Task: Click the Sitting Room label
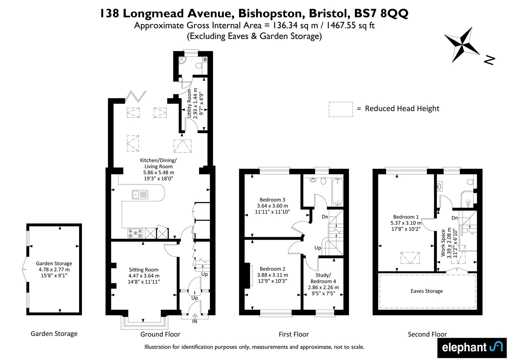pos(144,270)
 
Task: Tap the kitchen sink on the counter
pos(140,195)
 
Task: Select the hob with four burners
pos(135,233)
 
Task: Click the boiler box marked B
pos(205,60)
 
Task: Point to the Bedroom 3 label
pos(272,200)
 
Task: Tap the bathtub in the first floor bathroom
pos(338,192)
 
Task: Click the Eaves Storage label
pos(427,291)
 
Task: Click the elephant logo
pos(472,348)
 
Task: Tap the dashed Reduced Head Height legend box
pos(341,109)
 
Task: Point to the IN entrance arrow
pos(195,316)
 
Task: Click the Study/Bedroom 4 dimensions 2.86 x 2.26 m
pos(323,287)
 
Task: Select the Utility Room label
pos(189,103)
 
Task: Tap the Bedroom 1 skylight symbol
pos(410,258)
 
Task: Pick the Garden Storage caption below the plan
pos(54,334)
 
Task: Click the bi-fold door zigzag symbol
pos(136,96)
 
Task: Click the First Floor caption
pos(294,334)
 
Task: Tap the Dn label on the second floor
pos(455,218)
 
